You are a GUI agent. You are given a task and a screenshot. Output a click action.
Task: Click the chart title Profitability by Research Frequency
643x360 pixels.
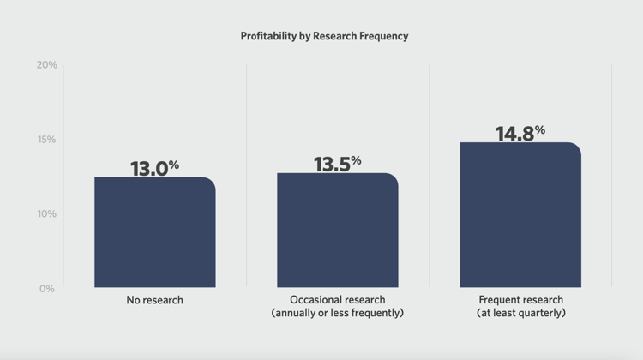point(324,37)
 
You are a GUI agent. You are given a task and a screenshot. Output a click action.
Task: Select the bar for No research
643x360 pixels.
point(154,232)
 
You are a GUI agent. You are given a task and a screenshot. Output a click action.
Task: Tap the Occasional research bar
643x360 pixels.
point(337,231)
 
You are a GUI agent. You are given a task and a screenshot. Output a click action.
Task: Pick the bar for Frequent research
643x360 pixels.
point(520,215)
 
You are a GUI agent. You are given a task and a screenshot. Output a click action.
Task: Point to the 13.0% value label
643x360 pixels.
point(154,168)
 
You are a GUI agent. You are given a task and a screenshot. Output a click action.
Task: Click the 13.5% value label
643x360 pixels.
point(337,164)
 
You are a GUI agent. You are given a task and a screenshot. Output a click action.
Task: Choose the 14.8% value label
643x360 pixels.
point(520,133)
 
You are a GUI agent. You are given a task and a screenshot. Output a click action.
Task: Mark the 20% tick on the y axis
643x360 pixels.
point(46,65)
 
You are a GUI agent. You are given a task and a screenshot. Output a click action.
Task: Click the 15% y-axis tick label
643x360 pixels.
point(46,140)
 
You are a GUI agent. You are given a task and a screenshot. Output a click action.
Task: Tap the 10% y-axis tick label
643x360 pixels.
point(46,213)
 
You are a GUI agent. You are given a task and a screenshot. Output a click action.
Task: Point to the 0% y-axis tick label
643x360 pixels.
point(46,289)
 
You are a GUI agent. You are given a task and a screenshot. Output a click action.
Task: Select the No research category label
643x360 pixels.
point(154,301)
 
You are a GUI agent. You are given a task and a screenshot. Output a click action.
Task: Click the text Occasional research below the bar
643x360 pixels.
point(337,301)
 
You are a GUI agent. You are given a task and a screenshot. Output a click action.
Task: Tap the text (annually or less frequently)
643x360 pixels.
point(337,314)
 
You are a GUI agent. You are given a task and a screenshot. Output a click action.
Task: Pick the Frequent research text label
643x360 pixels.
point(520,301)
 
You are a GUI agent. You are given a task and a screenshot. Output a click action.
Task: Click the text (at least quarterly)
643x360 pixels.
point(520,314)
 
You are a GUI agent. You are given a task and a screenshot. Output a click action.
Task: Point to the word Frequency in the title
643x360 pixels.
point(383,37)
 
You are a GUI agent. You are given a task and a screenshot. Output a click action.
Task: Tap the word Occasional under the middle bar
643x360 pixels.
point(315,301)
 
